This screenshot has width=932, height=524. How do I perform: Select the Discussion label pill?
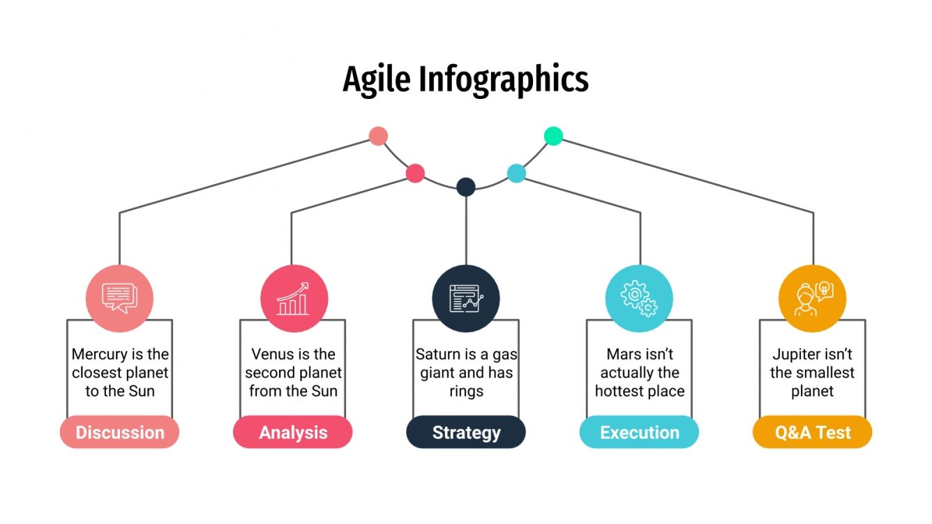coord(120,432)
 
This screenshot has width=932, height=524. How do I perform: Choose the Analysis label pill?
coord(293,432)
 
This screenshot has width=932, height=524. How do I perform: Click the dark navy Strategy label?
coord(466,432)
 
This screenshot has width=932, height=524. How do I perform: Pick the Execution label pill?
coord(640,432)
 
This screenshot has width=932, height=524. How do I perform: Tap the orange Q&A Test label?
coord(813,432)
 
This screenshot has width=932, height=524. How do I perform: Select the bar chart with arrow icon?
coord(293,298)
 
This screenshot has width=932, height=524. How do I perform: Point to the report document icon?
coord(467,298)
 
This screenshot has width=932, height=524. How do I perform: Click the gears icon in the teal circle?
coord(639,298)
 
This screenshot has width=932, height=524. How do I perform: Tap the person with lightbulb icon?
coord(813,298)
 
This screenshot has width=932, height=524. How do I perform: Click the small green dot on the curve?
coord(553,137)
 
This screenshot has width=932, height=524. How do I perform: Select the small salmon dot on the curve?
coord(378,137)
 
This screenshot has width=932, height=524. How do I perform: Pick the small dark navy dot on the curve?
coord(466,187)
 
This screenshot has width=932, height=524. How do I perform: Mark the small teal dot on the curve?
coord(516,174)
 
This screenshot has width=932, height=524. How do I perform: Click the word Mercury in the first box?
coord(99,355)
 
